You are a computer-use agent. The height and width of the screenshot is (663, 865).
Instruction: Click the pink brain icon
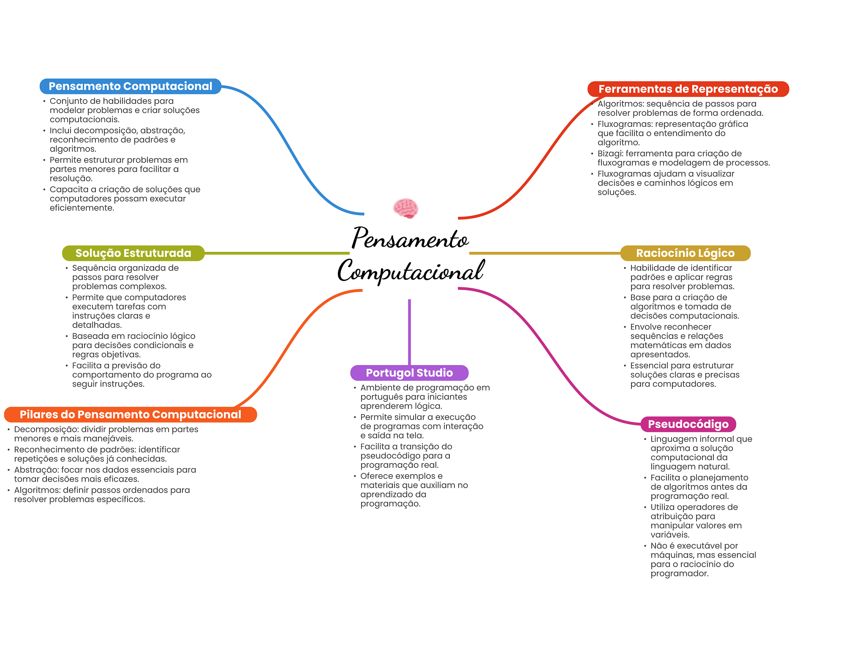point(405,208)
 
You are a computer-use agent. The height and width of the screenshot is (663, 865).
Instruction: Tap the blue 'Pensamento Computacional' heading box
point(131,86)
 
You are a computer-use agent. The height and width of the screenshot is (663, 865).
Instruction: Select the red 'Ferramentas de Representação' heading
point(688,89)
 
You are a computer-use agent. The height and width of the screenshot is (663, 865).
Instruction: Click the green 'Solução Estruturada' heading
point(133,253)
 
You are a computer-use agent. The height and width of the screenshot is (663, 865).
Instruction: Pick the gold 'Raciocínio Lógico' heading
point(685,253)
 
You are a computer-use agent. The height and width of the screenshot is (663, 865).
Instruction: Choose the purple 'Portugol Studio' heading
point(409,373)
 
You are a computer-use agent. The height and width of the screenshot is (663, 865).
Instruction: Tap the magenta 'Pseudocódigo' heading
point(688,424)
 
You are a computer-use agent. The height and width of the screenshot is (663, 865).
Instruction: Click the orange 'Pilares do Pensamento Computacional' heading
point(131,415)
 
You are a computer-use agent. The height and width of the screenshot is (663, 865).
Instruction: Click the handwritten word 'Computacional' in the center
point(411,271)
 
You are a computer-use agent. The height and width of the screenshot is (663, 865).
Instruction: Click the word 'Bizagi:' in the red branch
point(610,153)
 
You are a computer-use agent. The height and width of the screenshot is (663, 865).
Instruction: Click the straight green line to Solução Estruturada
point(277,253)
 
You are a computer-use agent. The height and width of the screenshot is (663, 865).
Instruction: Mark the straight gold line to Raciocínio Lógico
point(545,253)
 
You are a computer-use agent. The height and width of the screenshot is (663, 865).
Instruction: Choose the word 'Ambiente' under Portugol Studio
point(378,387)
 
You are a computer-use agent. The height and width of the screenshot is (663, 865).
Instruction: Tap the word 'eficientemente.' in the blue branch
point(82,208)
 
